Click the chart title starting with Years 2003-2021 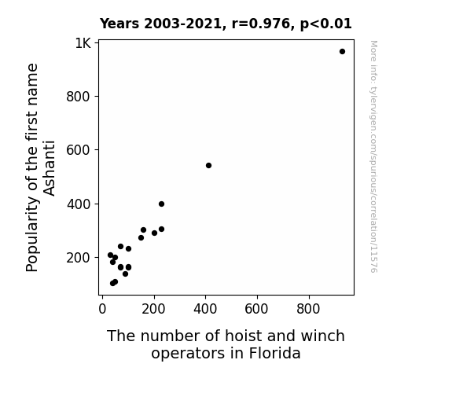[226, 24]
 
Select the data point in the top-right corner [342, 52]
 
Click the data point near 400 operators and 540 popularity [208, 166]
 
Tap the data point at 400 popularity [161, 204]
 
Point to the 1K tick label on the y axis [83, 43]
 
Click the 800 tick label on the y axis [78, 97]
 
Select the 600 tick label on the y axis [78, 150]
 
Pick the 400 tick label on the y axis [78, 204]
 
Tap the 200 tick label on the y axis [78, 258]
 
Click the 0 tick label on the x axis [102, 309]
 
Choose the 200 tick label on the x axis [153, 309]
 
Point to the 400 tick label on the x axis [205, 309]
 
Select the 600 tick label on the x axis [256, 309]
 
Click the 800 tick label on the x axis [308, 309]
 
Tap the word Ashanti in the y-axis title [49, 168]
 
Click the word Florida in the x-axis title [274, 353]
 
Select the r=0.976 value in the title [261, 24]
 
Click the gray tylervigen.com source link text [373, 156]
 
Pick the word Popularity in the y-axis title [31, 234]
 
